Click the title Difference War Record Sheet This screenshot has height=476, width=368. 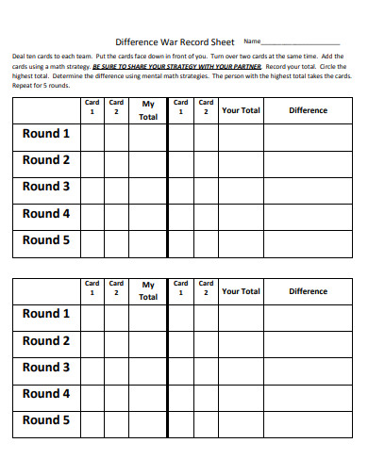coord(175,41)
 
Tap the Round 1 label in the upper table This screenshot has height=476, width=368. coord(46,134)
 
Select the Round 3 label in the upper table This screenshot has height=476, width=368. coord(46,187)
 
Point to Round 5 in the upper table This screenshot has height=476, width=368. coord(46,240)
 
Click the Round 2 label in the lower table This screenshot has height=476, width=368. coord(46,340)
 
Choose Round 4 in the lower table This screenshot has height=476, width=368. coord(46,394)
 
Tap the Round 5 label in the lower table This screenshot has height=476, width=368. coord(46,420)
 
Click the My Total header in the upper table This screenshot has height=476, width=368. coord(148,110)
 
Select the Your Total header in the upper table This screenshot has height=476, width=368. coord(241,110)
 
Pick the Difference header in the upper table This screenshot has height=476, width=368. coord(308,110)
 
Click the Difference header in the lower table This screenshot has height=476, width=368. coord(308,291)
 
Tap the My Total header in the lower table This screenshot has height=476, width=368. coord(148,290)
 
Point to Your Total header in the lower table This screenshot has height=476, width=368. coord(241,291)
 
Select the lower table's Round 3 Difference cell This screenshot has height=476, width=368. coord(308,368)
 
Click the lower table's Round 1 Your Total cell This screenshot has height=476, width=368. coord(241,315)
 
